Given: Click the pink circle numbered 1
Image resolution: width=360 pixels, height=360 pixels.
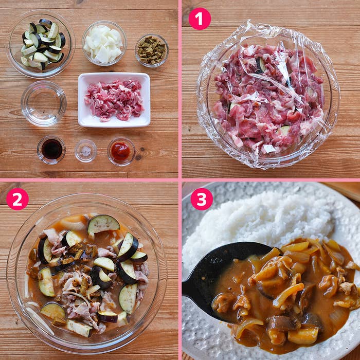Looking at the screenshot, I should [x=200, y=19].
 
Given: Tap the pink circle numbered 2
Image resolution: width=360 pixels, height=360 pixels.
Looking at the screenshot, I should [x=17, y=199].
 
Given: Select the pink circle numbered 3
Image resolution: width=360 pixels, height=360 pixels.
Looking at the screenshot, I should [x=202, y=199].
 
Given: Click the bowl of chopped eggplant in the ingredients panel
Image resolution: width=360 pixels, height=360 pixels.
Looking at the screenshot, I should [x=41, y=44].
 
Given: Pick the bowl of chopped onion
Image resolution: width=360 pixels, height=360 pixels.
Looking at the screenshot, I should [x=104, y=44].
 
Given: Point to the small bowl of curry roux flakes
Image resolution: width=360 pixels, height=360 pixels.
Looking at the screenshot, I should [x=152, y=50].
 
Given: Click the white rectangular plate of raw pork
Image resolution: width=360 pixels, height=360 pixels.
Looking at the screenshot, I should [x=114, y=99].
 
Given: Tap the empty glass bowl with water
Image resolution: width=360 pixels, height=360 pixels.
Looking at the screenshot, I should [x=44, y=103].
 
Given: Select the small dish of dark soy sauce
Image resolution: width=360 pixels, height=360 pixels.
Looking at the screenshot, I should [x=51, y=149].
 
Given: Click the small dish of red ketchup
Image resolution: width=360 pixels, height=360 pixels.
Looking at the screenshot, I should [x=121, y=151].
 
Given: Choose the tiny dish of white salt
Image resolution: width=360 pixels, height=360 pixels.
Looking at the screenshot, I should [x=86, y=151].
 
